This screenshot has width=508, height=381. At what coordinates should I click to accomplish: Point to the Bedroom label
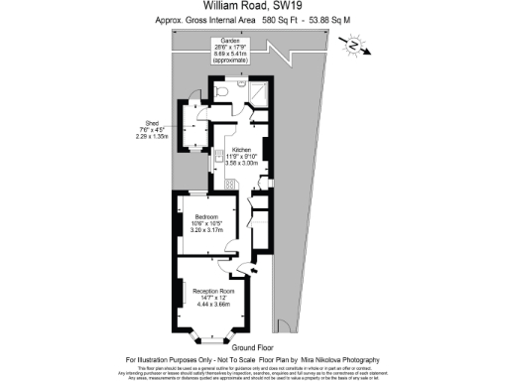(x=205, y=216)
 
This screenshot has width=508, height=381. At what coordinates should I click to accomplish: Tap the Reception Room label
(x=205, y=290)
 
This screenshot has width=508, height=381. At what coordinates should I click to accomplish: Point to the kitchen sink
(x=219, y=157)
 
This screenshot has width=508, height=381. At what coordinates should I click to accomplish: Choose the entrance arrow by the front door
(x=254, y=270)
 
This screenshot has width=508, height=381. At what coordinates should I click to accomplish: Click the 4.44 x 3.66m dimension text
(x=205, y=305)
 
